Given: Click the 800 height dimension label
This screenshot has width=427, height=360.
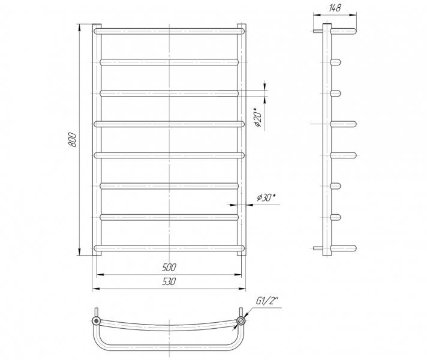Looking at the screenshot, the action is (73, 140).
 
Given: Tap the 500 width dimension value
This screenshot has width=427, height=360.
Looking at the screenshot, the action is (169, 268).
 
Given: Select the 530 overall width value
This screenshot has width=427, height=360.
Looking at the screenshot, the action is (169, 281).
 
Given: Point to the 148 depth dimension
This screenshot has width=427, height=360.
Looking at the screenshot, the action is (335, 8).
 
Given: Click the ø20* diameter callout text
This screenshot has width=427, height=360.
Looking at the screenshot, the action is (258, 118).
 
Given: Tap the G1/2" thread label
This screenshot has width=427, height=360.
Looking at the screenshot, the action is (267, 301).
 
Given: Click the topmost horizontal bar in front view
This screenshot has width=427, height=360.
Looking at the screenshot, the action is (169, 31).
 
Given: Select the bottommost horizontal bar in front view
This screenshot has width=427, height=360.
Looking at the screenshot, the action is (169, 248).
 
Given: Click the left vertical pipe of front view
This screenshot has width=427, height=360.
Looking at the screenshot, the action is (97, 140).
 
